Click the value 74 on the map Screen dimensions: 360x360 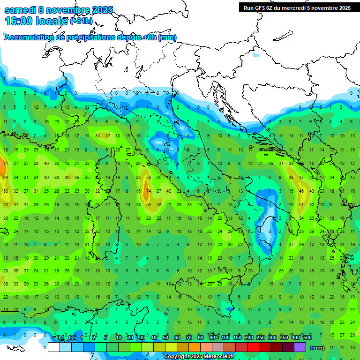(x=149, y=191)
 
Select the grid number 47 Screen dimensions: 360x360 (x=107, y=136)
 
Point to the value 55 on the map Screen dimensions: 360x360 (x=149, y=205)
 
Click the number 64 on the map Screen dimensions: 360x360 (x=5, y=178)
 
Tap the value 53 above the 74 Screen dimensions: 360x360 (x=149, y=178)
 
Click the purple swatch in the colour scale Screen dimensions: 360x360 (x=300, y=347)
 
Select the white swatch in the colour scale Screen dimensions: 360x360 (x=54, y=347)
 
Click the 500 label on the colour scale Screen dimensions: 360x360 (x=307, y=338)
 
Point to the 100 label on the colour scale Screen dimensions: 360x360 (x=225, y=338)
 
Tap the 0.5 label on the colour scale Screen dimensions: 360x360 (x=72, y=338)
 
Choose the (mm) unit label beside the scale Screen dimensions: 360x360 (x=317, y=348)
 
